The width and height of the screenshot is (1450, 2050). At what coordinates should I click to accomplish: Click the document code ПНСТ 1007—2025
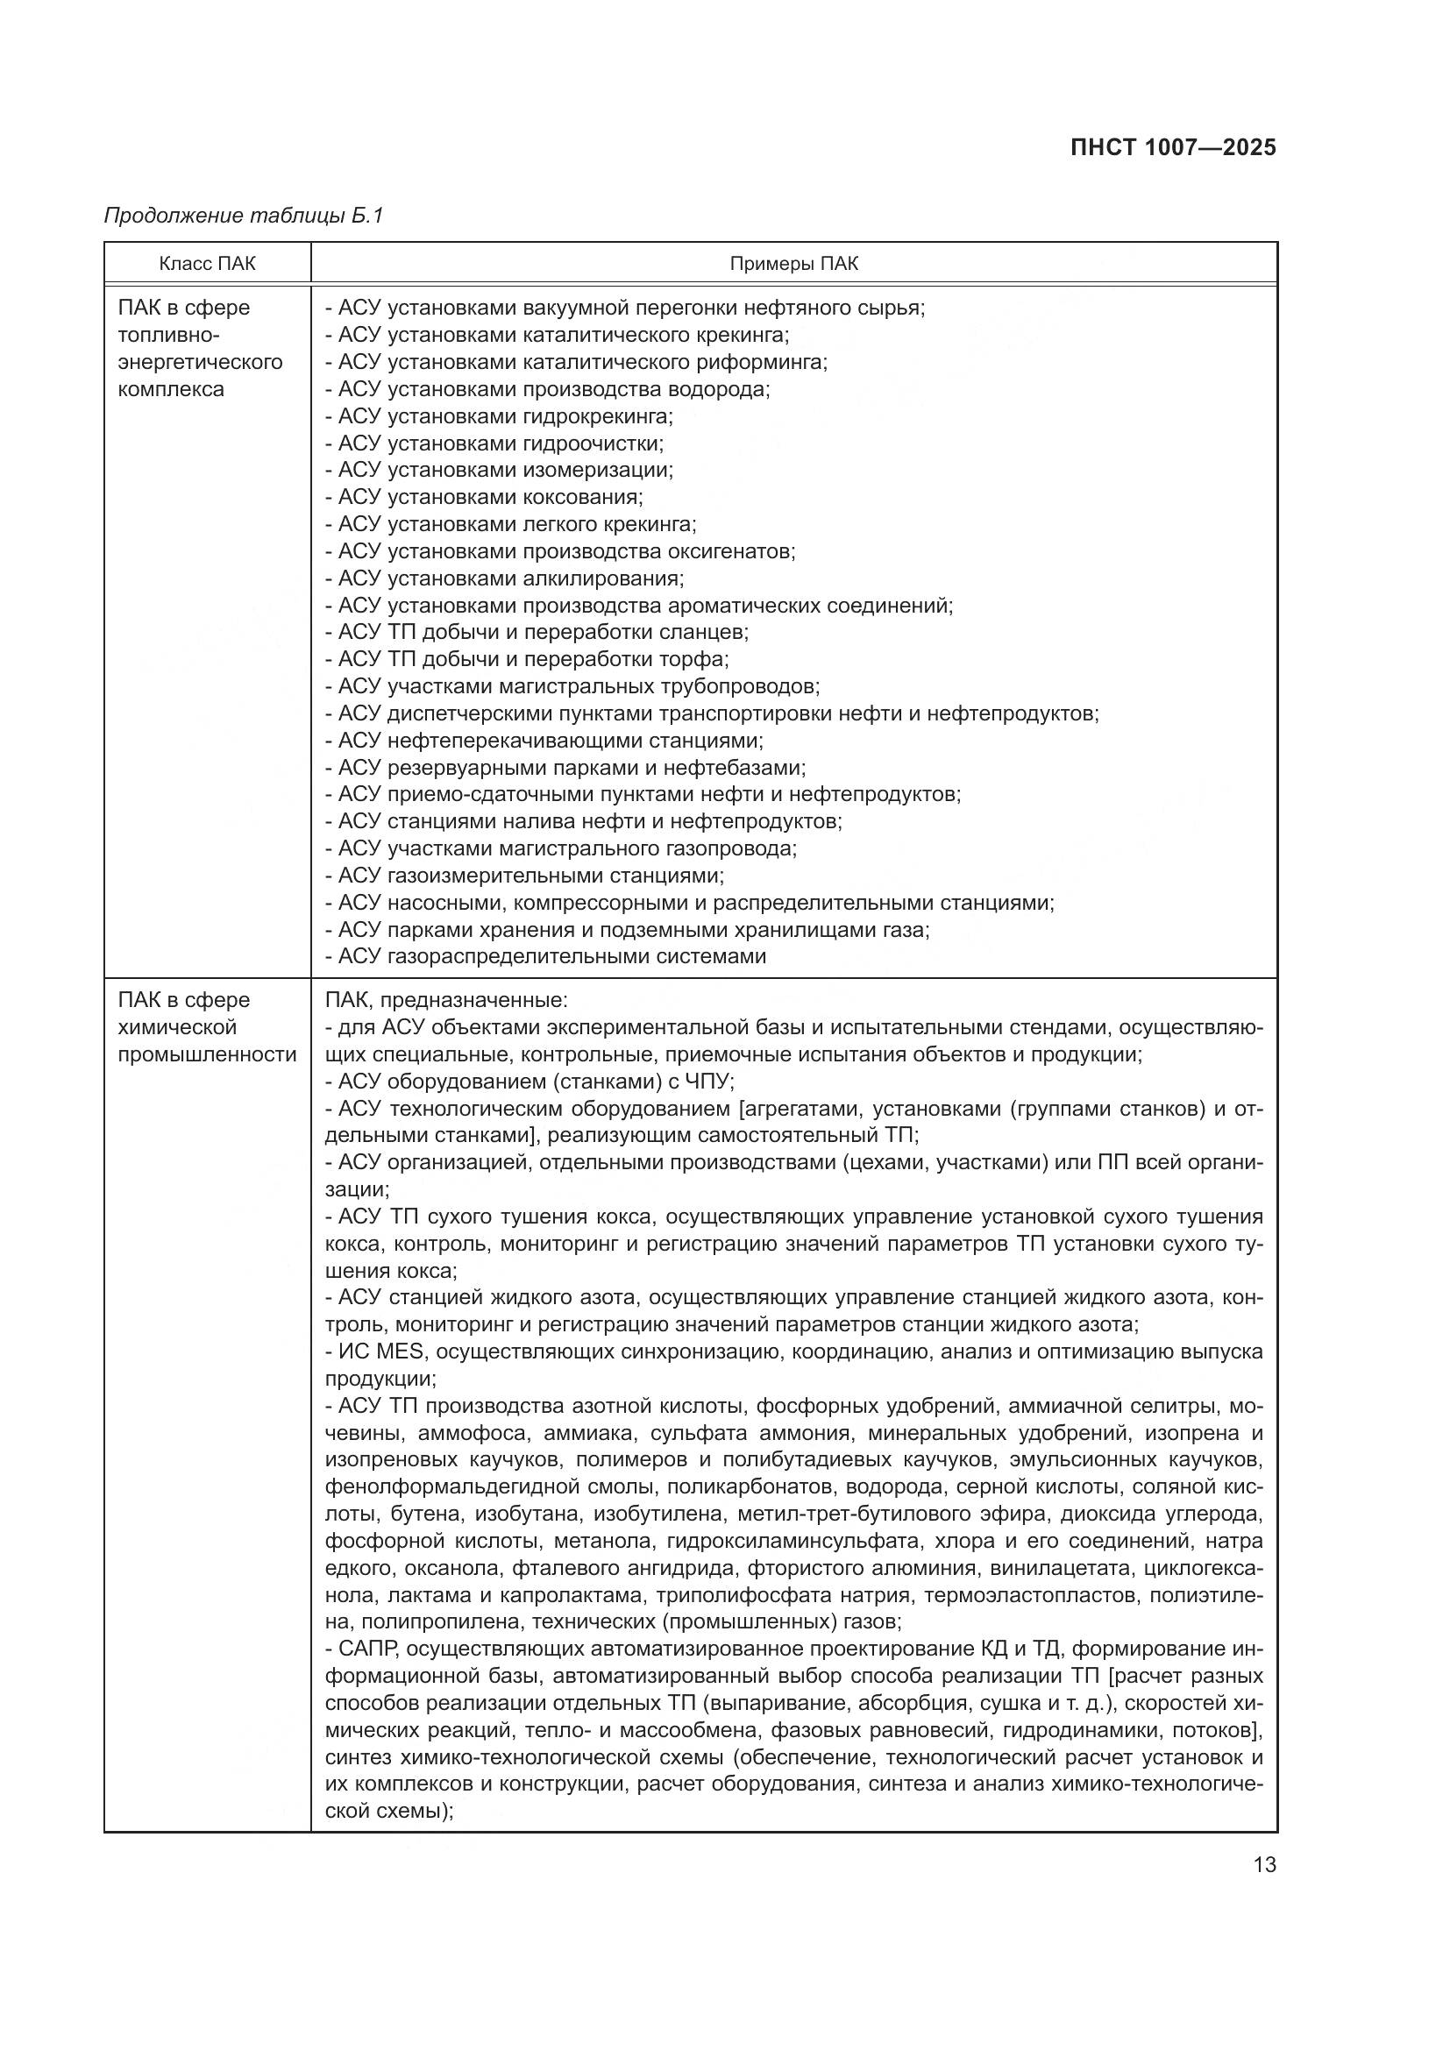point(1172,148)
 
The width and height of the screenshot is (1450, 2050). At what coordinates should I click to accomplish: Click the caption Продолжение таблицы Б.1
point(243,216)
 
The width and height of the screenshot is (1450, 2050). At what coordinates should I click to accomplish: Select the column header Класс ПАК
point(207,264)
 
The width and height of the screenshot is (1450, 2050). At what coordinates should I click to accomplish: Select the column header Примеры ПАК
point(793,264)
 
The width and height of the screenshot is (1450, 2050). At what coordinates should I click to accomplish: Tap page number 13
point(1264,1864)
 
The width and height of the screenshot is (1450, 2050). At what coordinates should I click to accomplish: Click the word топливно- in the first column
point(167,335)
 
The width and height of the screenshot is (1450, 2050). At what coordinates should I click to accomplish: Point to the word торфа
point(700,659)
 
